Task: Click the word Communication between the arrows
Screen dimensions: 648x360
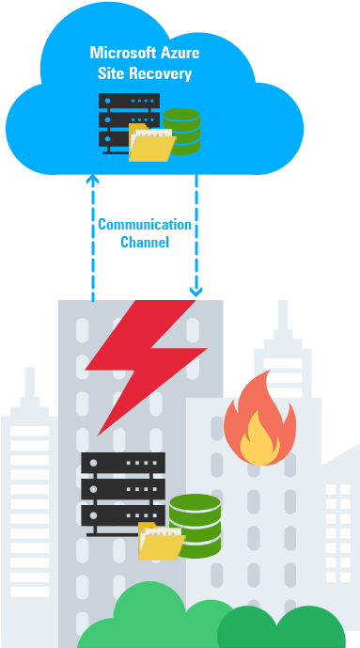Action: [x=145, y=225]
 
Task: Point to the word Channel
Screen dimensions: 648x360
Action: [x=145, y=243]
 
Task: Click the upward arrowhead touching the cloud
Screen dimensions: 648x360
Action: [x=92, y=178]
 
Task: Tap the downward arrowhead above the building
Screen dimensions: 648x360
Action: [x=196, y=292]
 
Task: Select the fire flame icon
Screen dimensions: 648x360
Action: [x=258, y=420]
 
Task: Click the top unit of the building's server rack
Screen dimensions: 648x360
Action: [x=123, y=463]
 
